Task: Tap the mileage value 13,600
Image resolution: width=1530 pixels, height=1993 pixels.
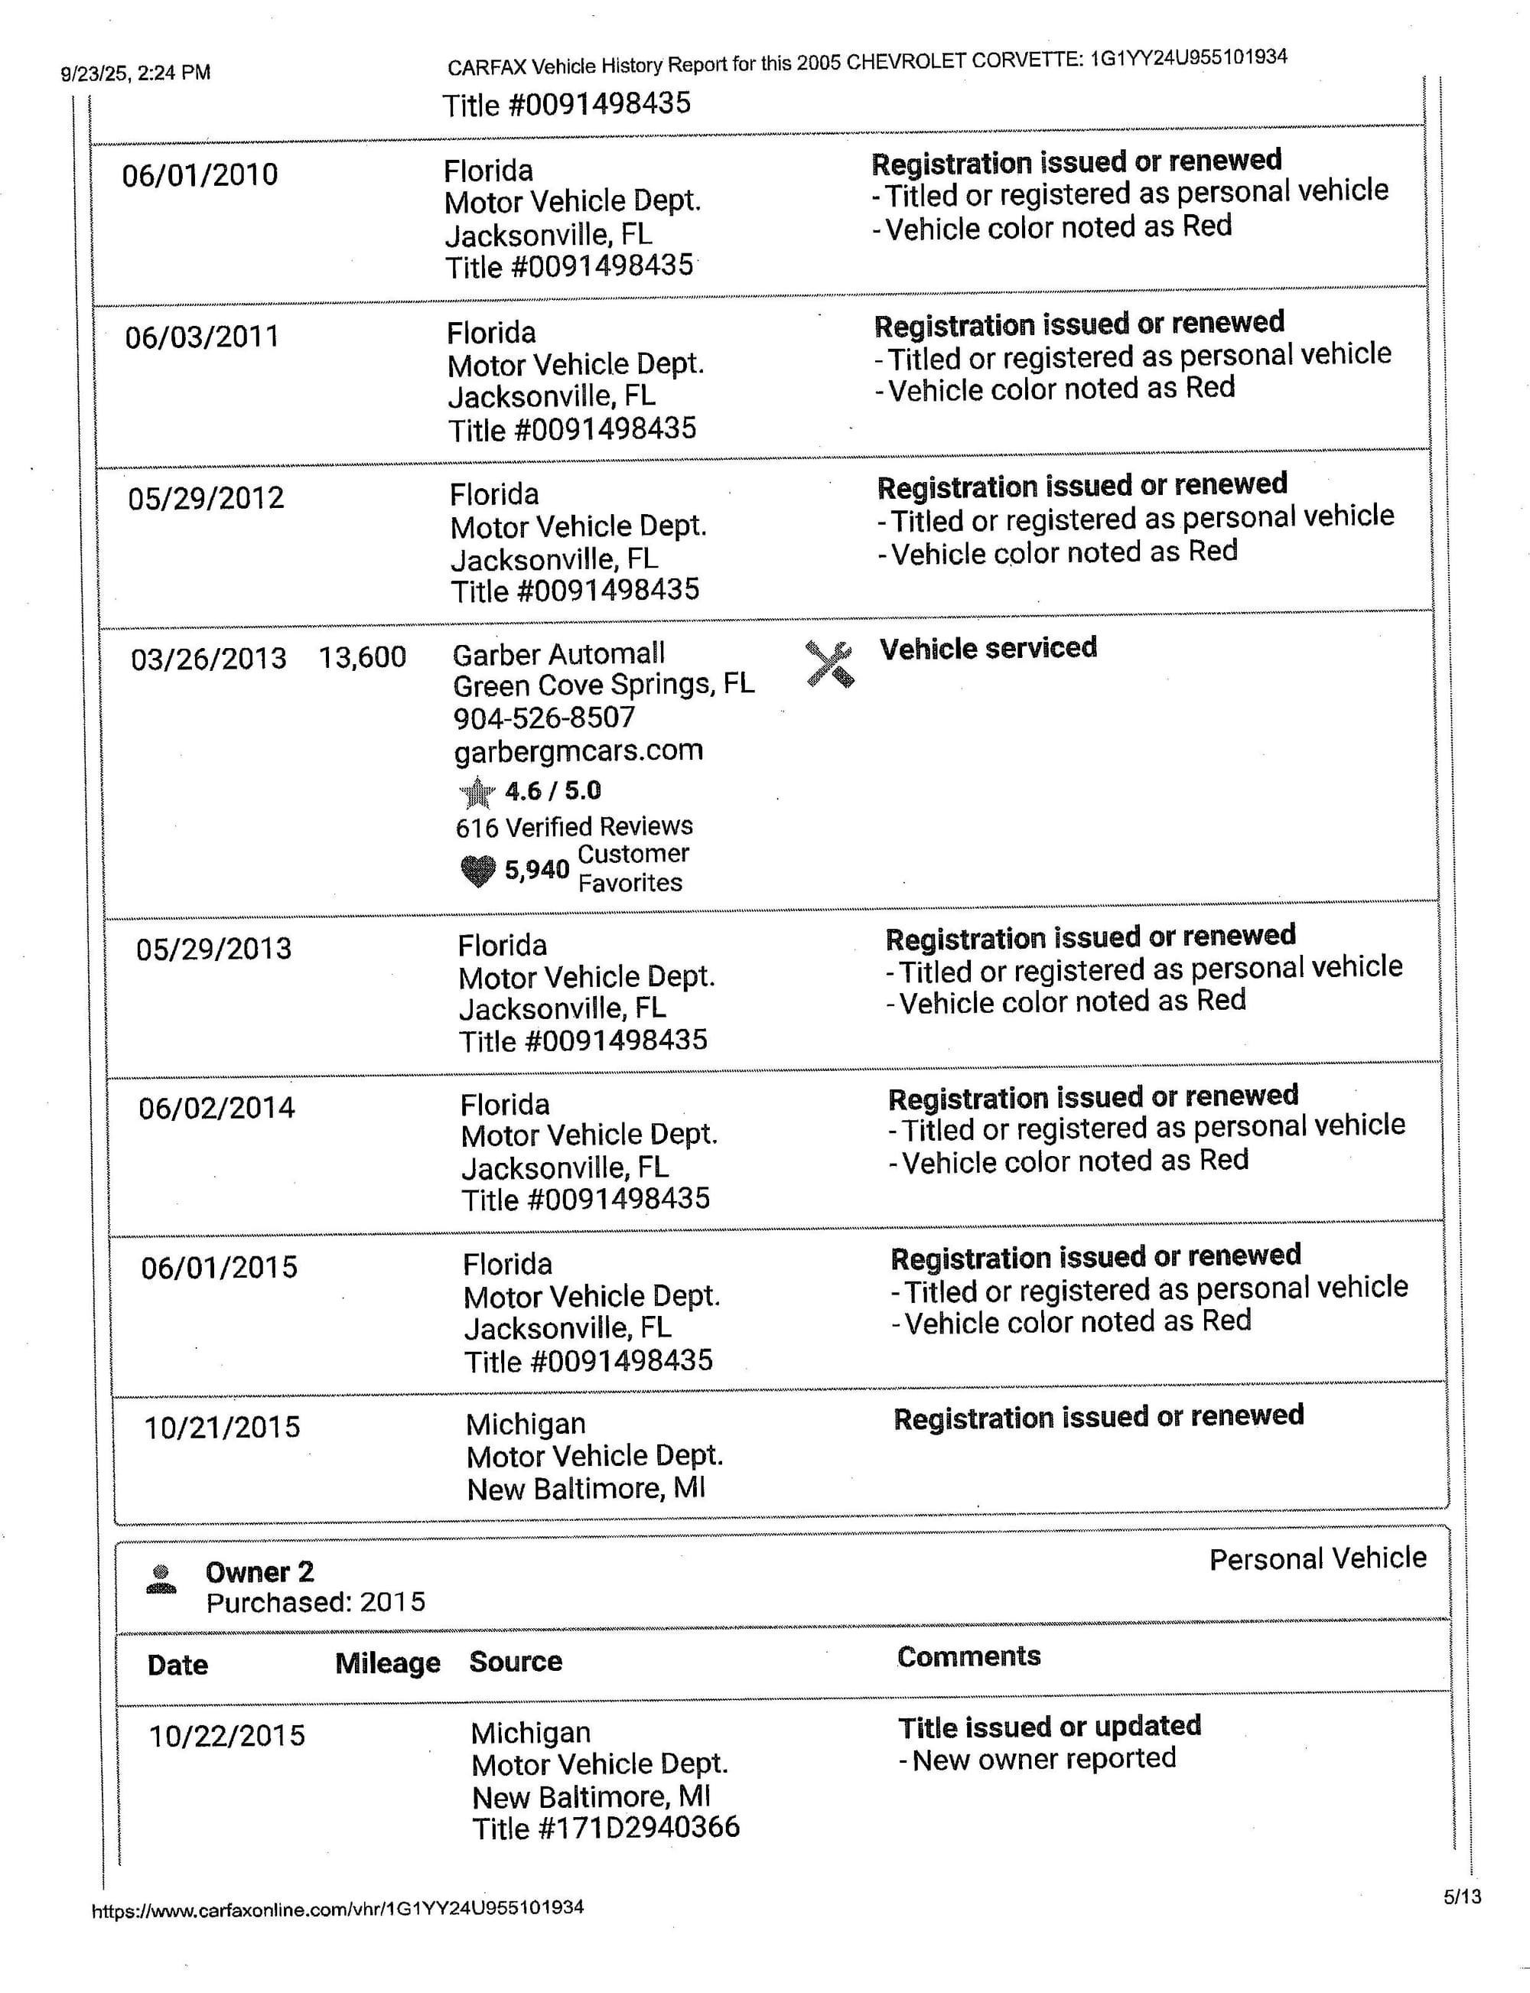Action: [x=362, y=656]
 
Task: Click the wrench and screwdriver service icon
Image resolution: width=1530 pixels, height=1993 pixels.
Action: [x=828, y=664]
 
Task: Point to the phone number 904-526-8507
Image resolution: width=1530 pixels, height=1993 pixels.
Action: [x=544, y=718]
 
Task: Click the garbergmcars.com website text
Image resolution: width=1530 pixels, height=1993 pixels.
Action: [x=578, y=751]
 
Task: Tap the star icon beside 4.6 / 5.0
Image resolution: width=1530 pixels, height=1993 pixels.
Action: [x=477, y=793]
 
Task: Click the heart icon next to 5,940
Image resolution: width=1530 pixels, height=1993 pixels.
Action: [x=477, y=871]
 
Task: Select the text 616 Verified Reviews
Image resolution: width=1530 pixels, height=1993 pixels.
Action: [x=574, y=827]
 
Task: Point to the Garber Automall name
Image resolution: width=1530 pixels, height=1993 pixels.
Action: [x=558, y=654]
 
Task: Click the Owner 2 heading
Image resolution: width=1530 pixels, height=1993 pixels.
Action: [x=259, y=1572]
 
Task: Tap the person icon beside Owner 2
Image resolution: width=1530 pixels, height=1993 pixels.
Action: [x=161, y=1578]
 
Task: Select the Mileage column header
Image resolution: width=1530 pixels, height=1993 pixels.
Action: [x=387, y=1663]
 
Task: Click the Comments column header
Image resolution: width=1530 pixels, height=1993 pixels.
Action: [x=968, y=1656]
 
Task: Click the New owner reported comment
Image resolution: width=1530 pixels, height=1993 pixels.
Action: [x=1043, y=1759]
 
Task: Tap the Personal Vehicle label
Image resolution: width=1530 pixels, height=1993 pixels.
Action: [x=1317, y=1558]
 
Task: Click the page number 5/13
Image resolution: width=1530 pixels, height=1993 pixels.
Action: [x=1462, y=1897]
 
